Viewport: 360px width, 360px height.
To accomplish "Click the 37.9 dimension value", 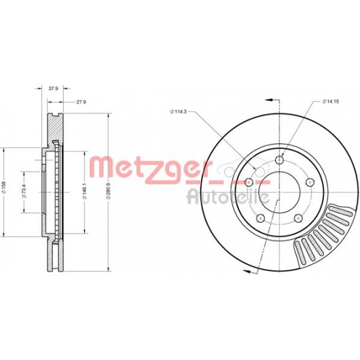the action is [x=53, y=88].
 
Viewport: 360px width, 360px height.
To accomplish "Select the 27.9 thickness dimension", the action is [x=81, y=102].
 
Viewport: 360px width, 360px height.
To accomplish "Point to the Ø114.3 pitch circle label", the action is [x=179, y=112].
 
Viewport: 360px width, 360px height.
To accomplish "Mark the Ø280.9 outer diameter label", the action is [x=109, y=191].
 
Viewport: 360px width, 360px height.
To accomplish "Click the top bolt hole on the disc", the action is [x=279, y=160].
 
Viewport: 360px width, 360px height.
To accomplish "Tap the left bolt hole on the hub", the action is [x=249, y=183].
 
